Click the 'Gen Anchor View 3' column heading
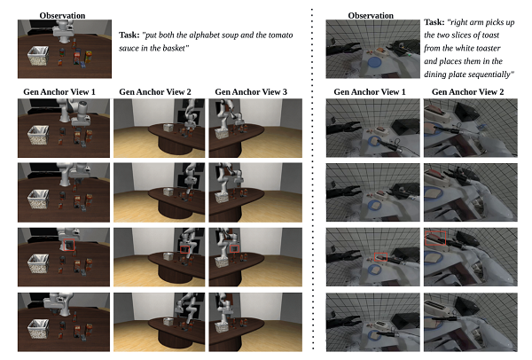tap(251, 92)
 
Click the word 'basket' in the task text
tap(174, 48)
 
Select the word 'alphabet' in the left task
tap(204, 35)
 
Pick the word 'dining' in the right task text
tap(434, 74)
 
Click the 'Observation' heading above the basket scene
tap(62, 16)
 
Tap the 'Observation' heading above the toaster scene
tap(371, 16)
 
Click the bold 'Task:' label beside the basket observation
tap(129, 35)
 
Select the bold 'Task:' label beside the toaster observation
tap(434, 22)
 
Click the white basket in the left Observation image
tap(37, 56)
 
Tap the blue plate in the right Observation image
tap(374, 63)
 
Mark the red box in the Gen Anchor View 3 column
tap(234, 249)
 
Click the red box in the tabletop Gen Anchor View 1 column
tap(69, 245)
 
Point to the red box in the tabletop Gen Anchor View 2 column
tap(185, 249)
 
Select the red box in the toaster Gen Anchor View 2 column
tap(435, 239)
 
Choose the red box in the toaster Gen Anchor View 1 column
tap(380, 257)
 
